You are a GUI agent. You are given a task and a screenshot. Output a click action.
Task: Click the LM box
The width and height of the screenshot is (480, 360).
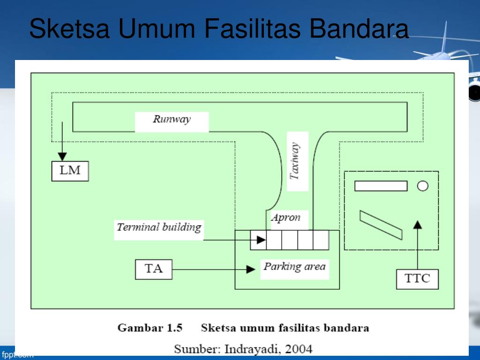[70, 171]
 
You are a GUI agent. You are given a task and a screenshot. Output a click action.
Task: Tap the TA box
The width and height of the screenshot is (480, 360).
[153, 270]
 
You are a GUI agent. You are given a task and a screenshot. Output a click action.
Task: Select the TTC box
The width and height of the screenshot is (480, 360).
[417, 279]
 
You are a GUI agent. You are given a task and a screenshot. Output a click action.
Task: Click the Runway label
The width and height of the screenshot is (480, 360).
[172, 120]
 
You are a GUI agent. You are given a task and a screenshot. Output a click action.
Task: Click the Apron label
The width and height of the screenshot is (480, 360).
[285, 218]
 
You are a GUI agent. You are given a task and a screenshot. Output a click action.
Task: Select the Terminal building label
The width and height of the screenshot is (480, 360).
[158, 228]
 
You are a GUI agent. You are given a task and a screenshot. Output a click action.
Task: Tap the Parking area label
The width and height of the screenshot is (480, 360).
[294, 267]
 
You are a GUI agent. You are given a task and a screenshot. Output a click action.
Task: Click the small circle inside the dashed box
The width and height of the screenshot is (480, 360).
[422, 186]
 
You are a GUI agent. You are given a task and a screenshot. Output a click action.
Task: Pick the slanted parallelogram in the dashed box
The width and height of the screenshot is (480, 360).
[381, 225]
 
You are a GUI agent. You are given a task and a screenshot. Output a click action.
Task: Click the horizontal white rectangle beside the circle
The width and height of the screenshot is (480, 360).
[381, 186]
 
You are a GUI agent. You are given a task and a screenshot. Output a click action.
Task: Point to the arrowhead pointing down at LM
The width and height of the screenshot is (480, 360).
[62, 156]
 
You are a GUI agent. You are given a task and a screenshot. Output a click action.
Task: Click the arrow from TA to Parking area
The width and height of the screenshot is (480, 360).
[211, 270]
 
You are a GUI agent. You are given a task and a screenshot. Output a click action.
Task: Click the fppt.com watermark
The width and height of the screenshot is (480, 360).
[18, 355]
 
